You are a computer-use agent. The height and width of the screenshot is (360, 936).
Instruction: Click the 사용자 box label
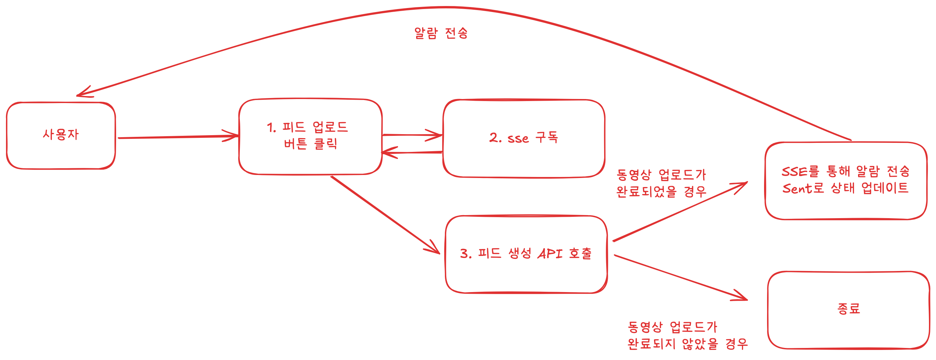click(x=61, y=135)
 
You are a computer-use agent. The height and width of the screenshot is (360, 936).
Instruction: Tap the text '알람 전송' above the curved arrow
click(x=441, y=33)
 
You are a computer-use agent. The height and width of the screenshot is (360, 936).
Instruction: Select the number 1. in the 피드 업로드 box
click(x=271, y=127)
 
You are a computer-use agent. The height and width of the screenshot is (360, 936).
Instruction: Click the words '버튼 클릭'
click(x=311, y=144)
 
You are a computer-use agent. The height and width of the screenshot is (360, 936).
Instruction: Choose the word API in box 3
click(x=550, y=254)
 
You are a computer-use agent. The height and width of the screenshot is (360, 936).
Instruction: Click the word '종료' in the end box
click(x=848, y=309)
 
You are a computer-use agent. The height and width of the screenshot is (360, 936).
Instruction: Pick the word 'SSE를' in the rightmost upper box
click(x=800, y=171)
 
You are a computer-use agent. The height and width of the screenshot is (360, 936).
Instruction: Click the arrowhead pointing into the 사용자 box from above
click(x=83, y=93)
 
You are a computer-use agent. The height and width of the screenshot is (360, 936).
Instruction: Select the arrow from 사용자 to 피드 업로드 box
click(x=178, y=137)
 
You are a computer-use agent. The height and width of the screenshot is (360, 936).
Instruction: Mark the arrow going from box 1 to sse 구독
click(x=412, y=135)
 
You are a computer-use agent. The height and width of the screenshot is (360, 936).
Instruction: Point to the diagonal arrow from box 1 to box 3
click(x=385, y=215)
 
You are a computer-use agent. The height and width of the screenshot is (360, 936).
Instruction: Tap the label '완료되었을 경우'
click(x=661, y=191)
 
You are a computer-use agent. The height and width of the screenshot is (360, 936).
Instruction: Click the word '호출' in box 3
click(x=580, y=254)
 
